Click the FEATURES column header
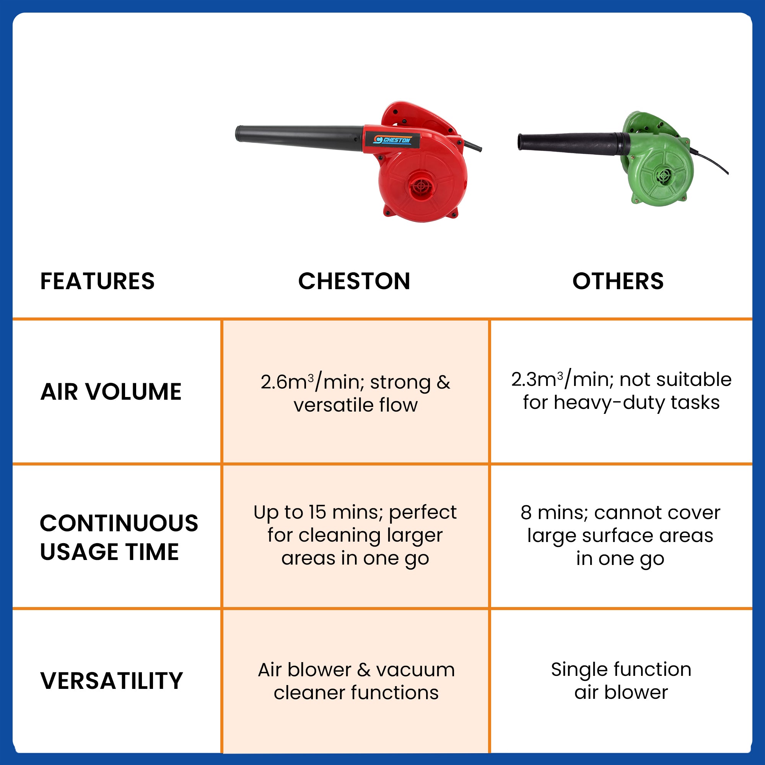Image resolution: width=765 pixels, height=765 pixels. [98, 282]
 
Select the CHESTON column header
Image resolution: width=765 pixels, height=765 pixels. [354, 282]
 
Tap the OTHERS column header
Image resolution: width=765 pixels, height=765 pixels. [618, 282]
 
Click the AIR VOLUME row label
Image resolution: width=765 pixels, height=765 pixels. [111, 392]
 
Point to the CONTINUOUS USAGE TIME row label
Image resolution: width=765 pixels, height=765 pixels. [119, 537]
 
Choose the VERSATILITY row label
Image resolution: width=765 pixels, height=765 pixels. [112, 681]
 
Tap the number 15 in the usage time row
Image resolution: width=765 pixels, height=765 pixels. [317, 513]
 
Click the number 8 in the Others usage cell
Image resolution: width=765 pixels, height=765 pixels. [526, 513]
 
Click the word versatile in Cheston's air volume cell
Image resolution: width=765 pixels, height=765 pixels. [334, 405]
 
